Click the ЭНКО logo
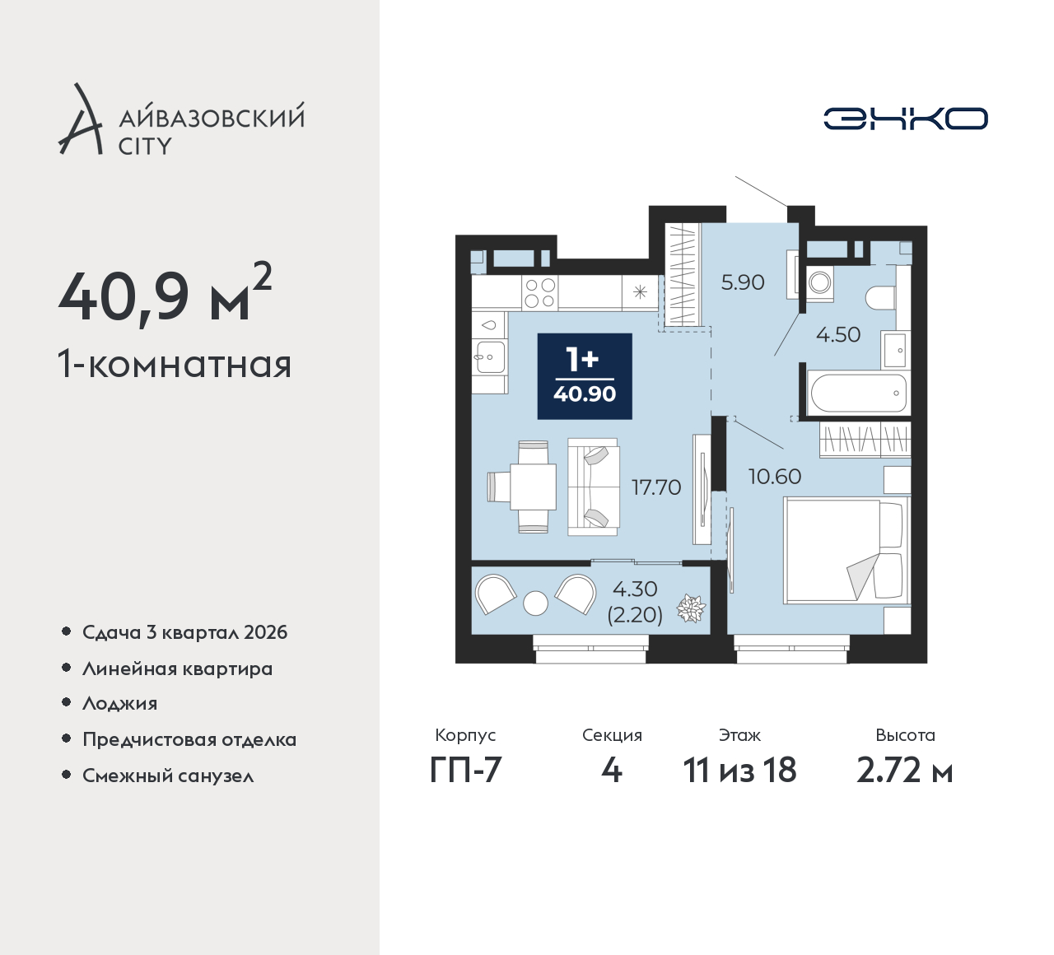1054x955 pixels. [x=905, y=119]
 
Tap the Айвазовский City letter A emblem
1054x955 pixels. [x=80, y=119]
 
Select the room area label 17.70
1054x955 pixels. [x=656, y=487]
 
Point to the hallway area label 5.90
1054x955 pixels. [x=743, y=282]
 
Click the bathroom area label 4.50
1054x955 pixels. [x=838, y=334]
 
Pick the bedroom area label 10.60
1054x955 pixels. [x=775, y=477]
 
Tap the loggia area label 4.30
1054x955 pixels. [x=635, y=589]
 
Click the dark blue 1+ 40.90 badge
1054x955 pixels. [x=585, y=376]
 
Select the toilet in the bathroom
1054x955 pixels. [x=880, y=298]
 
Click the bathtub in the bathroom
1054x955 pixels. [x=859, y=393]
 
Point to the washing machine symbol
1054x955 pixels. [x=819, y=283]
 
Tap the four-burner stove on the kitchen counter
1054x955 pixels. [x=540, y=292]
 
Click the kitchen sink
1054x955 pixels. [x=490, y=356]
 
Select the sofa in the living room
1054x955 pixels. [x=593, y=487]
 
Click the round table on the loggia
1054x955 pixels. [x=535, y=603]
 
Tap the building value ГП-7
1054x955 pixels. [x=465, y=770]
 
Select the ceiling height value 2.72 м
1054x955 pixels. [x=905, y=771]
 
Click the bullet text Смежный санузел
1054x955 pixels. [x=168, y=776]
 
